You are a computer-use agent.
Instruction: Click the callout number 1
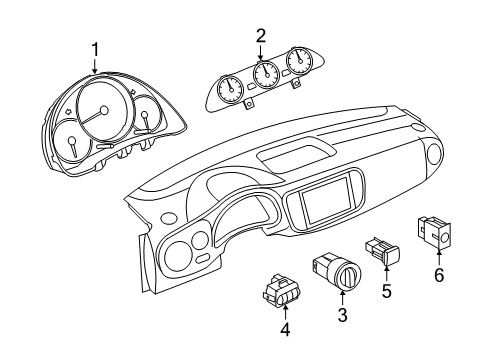tap(96, 50)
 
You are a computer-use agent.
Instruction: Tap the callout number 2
tap(261, 36)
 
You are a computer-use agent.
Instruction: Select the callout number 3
tap(343, 315)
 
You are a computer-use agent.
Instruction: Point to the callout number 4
tap(285, 329)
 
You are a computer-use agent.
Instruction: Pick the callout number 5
tap(386, 291)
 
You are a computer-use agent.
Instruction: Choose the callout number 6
tap(439, 275)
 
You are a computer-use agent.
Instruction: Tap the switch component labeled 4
tap(281, 291)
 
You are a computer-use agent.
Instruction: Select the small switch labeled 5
tap(383, 252)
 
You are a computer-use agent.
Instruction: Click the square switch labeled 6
tap(434, 233)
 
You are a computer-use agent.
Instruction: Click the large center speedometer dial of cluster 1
tap(104, 109)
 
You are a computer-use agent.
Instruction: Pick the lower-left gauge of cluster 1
tap(72, 143)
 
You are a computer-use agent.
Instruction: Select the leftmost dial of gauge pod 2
tap(230, 89)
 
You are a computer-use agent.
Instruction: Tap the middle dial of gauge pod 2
tap(266, 74)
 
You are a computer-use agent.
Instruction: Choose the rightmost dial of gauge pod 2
tap(300, 61)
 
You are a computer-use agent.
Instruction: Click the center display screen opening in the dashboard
tap(326, 200)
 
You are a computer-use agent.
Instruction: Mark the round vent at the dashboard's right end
tap(435, 154)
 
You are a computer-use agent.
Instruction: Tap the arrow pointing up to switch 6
tap(439, 258)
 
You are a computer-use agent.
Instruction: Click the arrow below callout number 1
tap(95, 66)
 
